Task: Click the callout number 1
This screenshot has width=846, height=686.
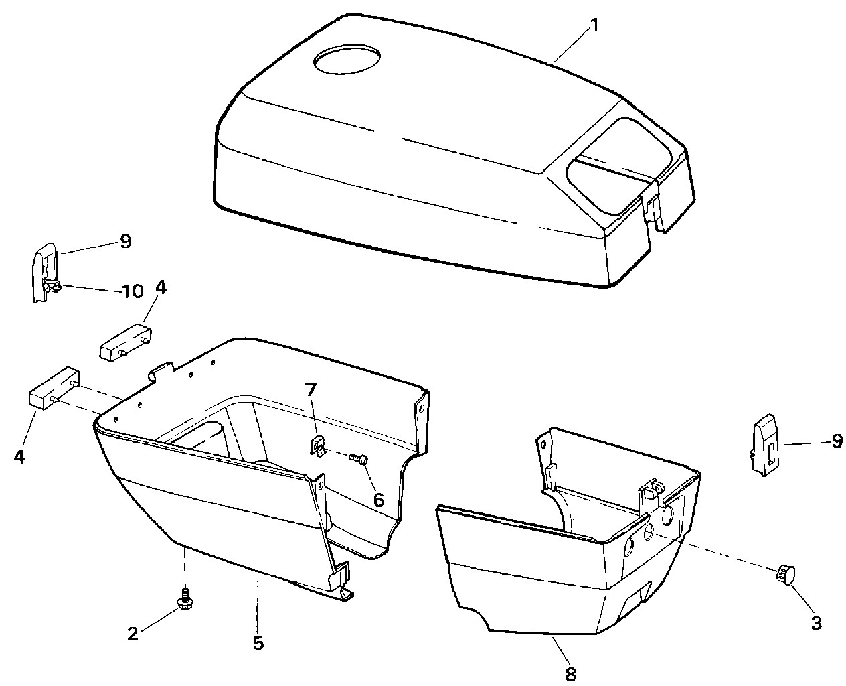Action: [x=594, y=26]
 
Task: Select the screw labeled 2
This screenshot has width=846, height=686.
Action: [x=184, y=598]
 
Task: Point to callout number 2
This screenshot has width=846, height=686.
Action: [x=133, y=633]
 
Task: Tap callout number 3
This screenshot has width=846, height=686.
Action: [x=816, y=622]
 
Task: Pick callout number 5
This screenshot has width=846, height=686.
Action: [x=258, y=643]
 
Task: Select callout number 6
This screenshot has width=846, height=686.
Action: [x=379, y=500]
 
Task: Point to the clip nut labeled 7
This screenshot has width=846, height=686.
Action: [x=319, y=445]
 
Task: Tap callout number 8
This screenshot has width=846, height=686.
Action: [x=570, y=673]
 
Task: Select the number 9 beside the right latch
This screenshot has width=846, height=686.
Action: [x=836, y=441]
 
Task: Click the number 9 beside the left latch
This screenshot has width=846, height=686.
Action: [x=126, y=241]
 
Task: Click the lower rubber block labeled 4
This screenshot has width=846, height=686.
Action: [x=52, y=388]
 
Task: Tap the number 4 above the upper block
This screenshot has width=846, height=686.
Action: [x=161, y=288]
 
